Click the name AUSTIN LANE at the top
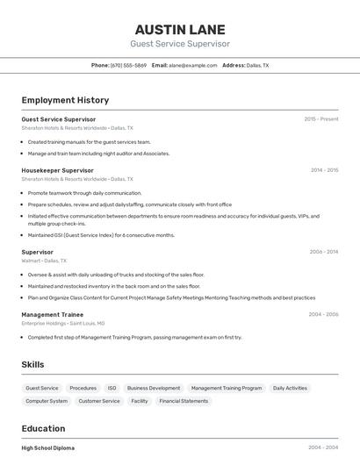tap(180, 29)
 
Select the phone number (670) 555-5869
tap(129, 65)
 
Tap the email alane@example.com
tap(192, 65)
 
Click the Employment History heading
tap(65, 100)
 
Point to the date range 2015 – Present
tap(321, 118)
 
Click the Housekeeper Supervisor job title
tap(57, 170)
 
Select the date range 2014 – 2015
tap(324, 170)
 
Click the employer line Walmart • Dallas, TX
tap(44, 261)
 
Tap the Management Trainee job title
tap(53, 314)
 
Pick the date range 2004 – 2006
tap(323, 314)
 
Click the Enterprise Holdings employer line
tap(63, 323)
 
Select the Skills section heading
tap(33, 364)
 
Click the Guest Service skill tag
tap(42, 388)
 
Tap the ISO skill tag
tap(112, 388)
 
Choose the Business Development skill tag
tap(154, 388)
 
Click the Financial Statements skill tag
tap(184, 401)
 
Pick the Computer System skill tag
tap(47, 401)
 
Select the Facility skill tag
tap(140, 401)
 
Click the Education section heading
tap(43, 429)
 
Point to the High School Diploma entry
tap(48, 447)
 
